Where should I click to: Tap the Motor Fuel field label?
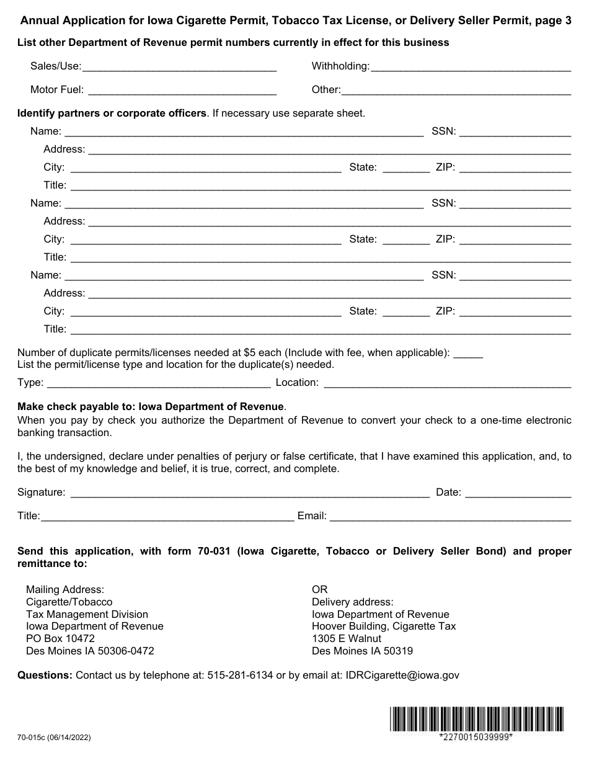tap(56, 90)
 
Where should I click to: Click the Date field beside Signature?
tap(518, 493)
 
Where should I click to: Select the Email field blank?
tap(450, 516)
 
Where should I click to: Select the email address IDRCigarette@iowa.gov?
tap(402, 675)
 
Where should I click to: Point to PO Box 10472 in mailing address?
tap(60, 638)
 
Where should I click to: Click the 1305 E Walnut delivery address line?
tap(347, 638)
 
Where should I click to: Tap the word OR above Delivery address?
tap(319, 589)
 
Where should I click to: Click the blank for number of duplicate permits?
tap(468, 353)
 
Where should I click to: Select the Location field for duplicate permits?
tap(447, 383)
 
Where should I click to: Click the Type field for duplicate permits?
tap(158, 383)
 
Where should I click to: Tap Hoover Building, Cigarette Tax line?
tap(384, 626)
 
